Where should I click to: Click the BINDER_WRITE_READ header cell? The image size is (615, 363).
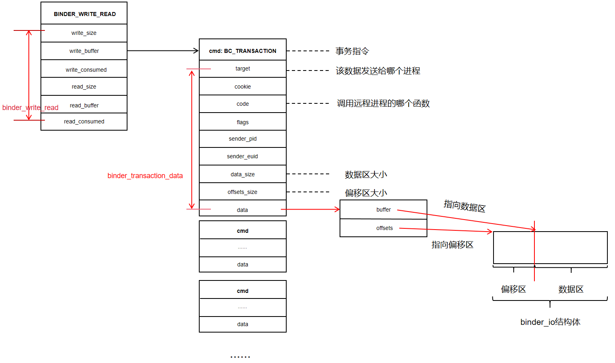coord(84,14)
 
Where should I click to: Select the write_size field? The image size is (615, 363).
coord(84,33)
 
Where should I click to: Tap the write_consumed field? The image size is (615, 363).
coord(86,70)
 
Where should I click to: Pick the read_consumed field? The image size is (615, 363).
coord(84,121)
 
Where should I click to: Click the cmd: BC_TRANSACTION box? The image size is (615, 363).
coord(243,50)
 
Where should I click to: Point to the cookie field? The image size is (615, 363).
coord(243,87)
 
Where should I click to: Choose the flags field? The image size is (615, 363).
coord(243,122)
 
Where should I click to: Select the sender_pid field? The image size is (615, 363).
coord(243,139)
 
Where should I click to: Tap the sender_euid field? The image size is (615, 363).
coord(243,156)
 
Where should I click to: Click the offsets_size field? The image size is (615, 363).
coord(243,192)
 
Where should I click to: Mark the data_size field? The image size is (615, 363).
coord(243,174)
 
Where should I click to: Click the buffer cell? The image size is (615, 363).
coord(383,210)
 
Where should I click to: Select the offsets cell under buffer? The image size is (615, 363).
coord(384,228)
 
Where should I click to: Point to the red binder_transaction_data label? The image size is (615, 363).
coord(145,175)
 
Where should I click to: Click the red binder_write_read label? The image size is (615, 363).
coord(30,107)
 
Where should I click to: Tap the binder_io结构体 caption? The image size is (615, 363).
coord(550,322)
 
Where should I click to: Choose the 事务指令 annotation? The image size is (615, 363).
coord(352,51)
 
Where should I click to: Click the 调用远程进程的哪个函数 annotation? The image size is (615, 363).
coord(383,103)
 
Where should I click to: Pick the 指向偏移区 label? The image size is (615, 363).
coord(452,244)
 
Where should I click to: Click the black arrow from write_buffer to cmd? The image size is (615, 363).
coord(163,50)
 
